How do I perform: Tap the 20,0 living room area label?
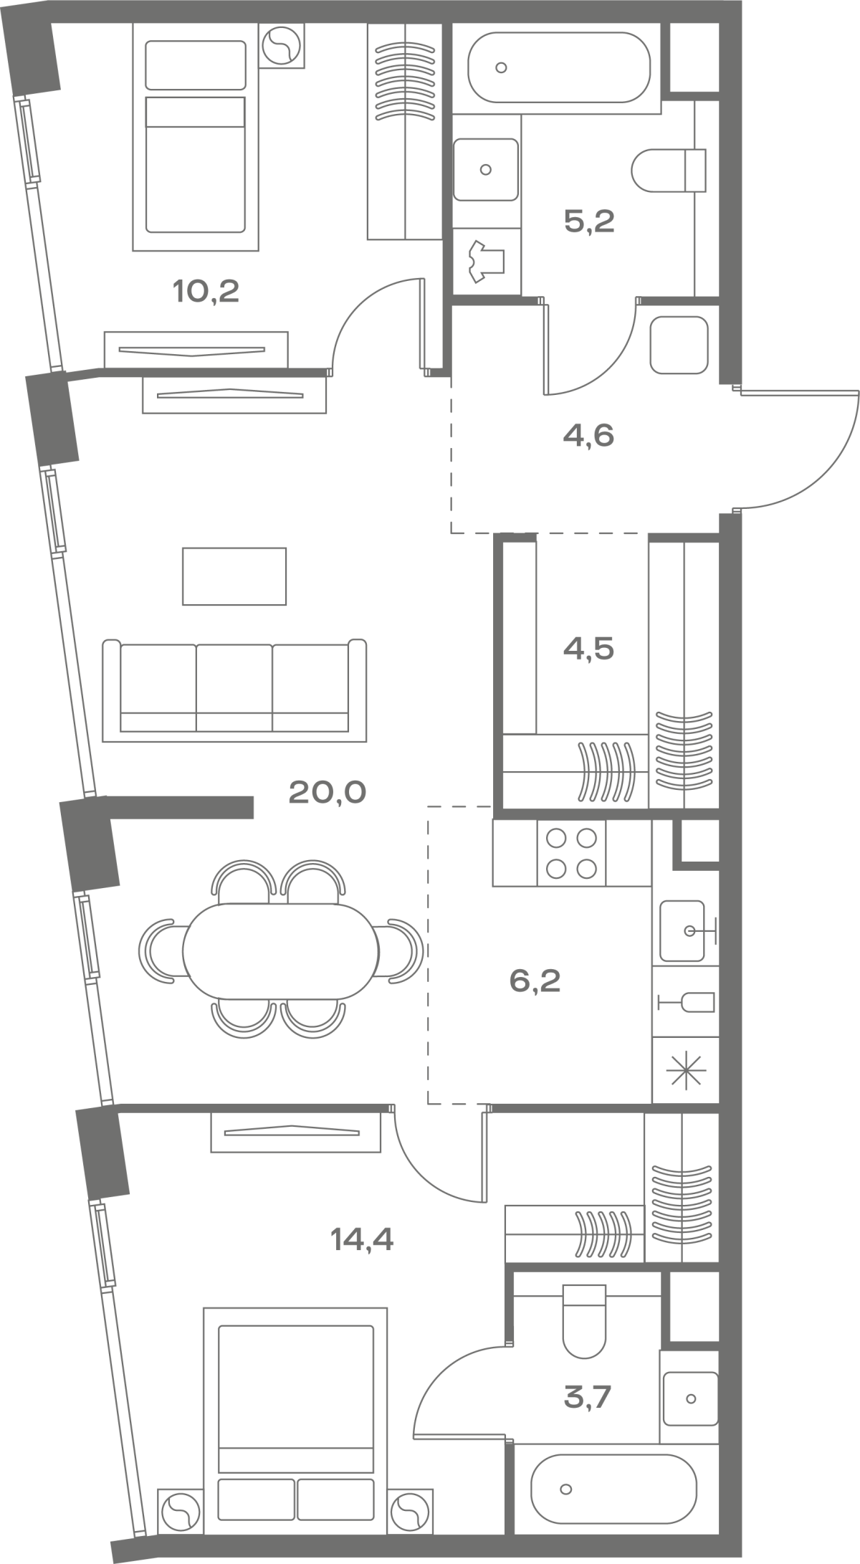[327, 793]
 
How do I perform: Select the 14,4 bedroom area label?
[363, 1239]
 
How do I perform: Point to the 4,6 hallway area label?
[588, 436]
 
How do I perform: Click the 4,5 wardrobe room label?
[588, 649]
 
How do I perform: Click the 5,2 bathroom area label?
[589, 221]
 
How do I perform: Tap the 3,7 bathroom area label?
[588, 1397]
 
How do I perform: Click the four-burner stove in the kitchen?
[571, 853]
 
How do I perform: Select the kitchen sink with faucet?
[687, 931]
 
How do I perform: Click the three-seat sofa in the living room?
[234, 690]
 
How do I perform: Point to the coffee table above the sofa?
[234, 576]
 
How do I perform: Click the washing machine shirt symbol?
[487, 262]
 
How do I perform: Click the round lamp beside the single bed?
[281, 47]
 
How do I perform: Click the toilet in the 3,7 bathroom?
[585, 1321]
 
